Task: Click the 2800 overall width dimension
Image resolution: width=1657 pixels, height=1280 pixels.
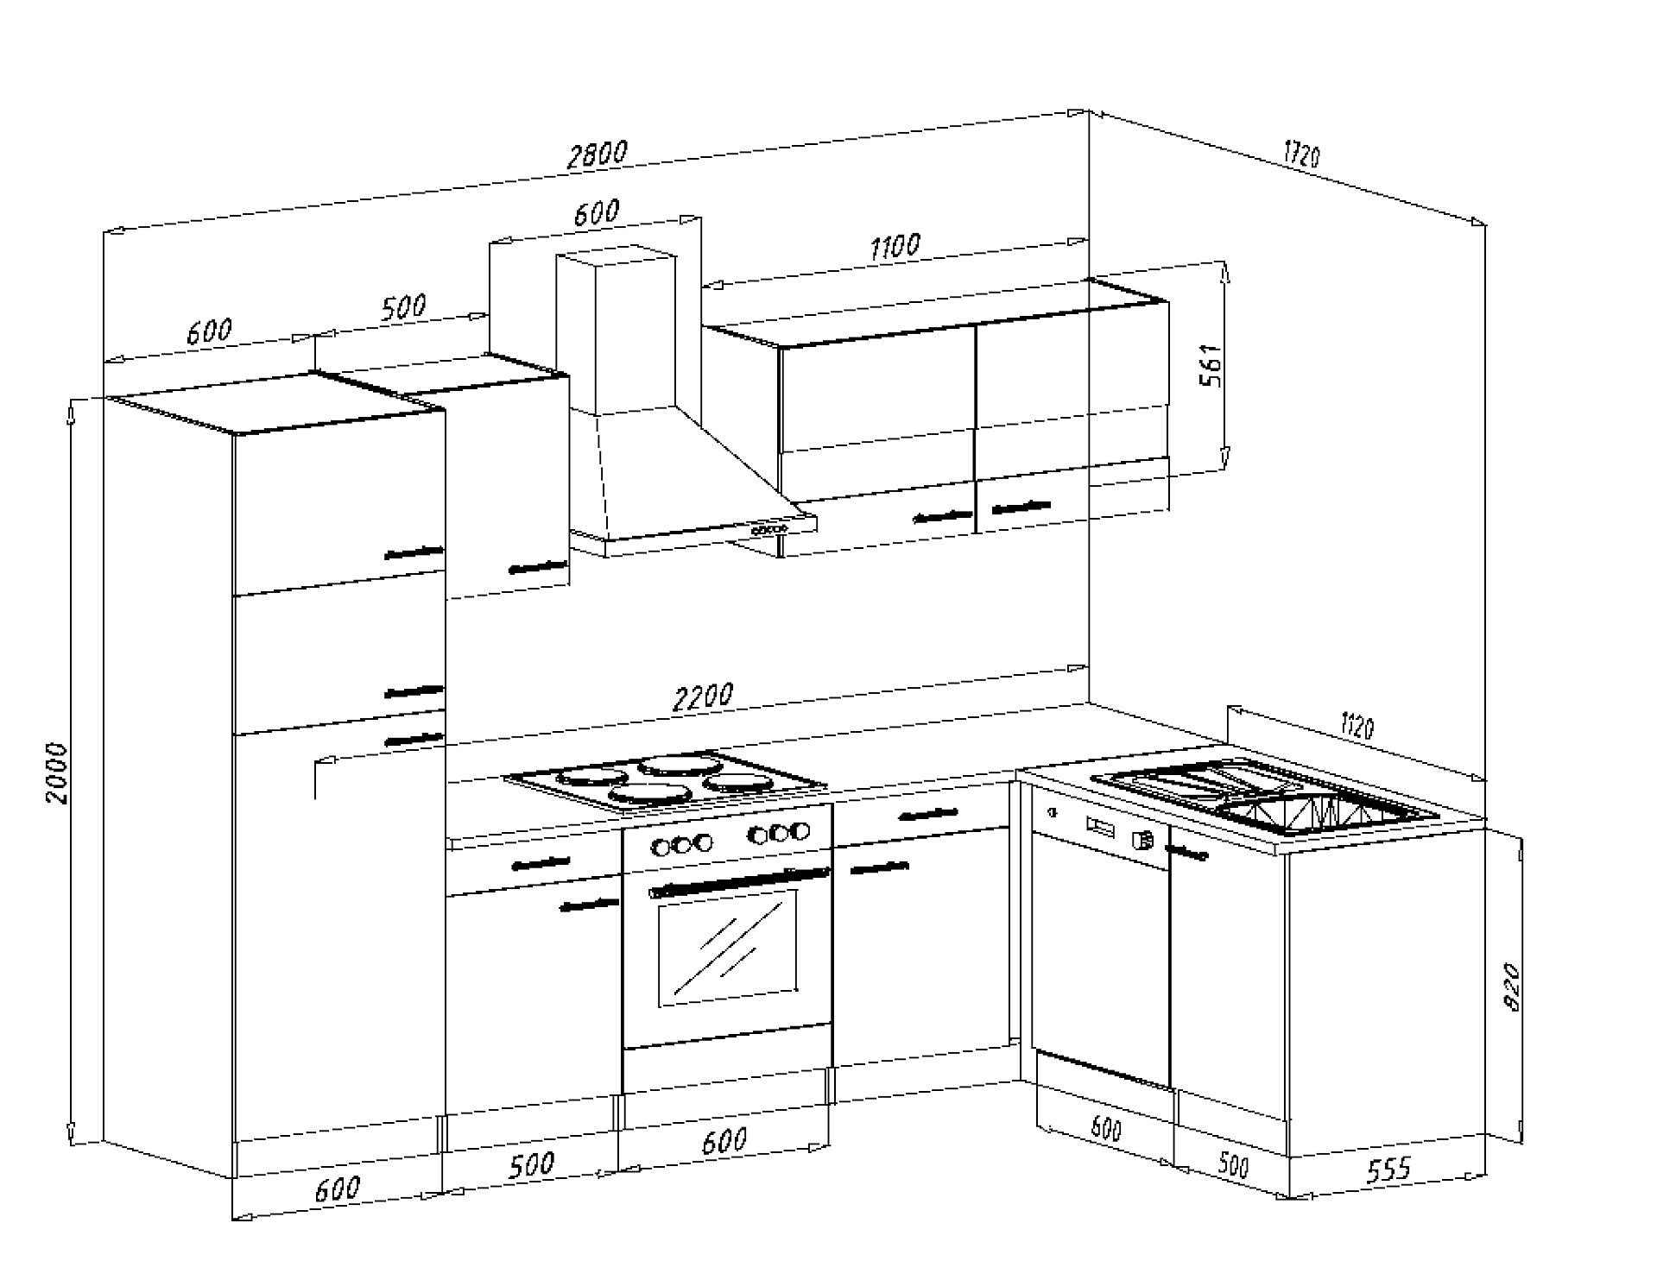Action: [x=597, y=154]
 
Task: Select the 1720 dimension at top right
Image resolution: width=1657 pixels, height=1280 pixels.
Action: [x=1301, y=155]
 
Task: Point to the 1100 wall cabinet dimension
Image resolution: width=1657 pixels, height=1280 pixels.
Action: [x=895, y=247]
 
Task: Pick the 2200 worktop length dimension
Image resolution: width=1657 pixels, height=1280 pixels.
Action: [x=703, y=697]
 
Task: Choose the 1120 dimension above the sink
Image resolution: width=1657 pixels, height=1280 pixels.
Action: [x=1357, y=726]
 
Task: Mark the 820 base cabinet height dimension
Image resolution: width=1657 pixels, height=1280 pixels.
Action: [x=1511, y=987]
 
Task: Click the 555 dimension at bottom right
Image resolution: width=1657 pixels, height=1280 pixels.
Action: [x=1388, y=1170]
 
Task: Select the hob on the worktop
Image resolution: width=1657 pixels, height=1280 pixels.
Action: [x=666, y=782]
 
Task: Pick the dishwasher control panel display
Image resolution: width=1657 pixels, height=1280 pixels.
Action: [x=1101, y=828]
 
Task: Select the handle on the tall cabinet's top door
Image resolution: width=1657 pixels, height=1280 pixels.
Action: [x=414, y=552]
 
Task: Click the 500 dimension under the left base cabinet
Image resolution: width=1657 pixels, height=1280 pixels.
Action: [x=530, y=1165]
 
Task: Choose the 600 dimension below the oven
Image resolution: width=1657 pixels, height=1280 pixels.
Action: [x=724, y=1141]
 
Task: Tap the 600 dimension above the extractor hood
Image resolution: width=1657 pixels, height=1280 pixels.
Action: [x=596, y=212]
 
